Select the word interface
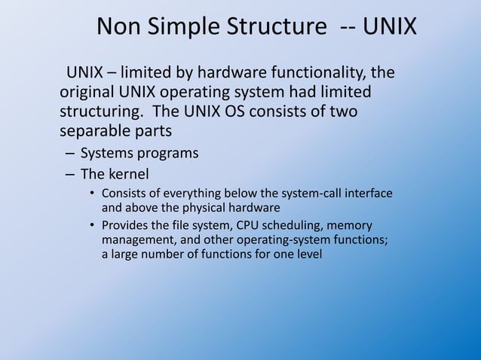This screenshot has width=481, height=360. (368, 193)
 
